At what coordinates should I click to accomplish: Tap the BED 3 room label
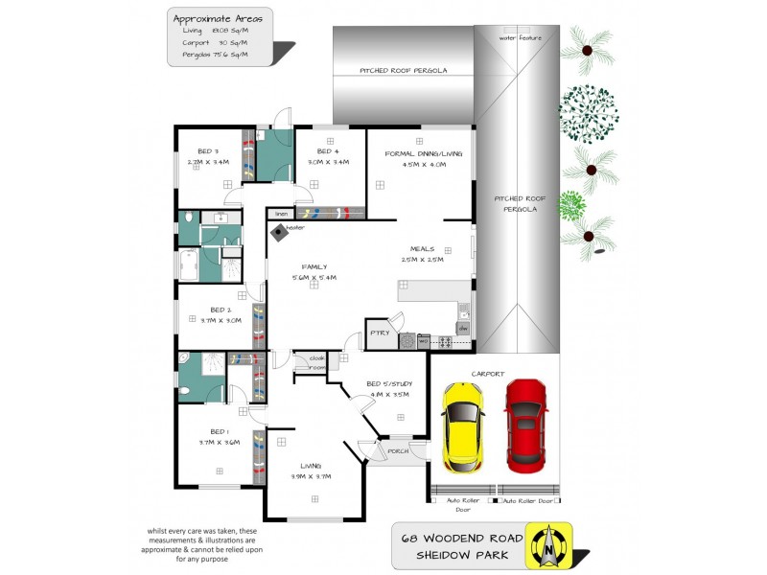click(x=209, y=151)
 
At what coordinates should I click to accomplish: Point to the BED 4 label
click(x=328, y=151)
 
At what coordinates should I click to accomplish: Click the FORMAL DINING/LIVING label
click(x=424, y=153)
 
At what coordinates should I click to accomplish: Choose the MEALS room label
click(x=423, y=248)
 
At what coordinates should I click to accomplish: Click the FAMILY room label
click(x=314, y=267)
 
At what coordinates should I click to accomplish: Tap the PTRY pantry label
click(x=379, y=333)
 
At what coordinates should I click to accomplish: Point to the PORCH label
click(x=398, y=450)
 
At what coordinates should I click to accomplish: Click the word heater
click(x=295, y=228)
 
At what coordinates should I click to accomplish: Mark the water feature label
click(x=520, y=37)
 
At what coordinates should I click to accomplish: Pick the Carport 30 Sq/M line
click(x=215, y=43)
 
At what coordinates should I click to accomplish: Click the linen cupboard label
click(x=282, y=213)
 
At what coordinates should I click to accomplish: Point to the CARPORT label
click(x=487, y=374)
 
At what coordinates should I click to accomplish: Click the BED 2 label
click(x=221, y=310)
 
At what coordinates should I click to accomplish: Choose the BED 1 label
click(x=220, y=431)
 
